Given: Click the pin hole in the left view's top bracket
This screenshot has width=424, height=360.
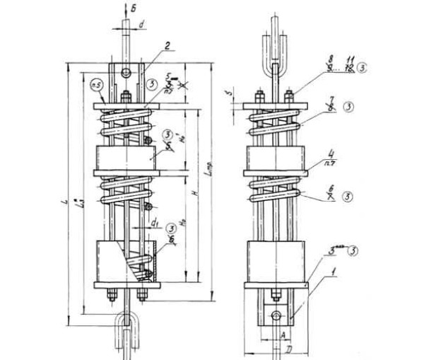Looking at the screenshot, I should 126,74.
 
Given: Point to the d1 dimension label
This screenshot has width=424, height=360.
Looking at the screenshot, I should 153,221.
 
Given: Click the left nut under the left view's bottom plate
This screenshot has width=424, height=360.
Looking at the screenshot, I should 111,295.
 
